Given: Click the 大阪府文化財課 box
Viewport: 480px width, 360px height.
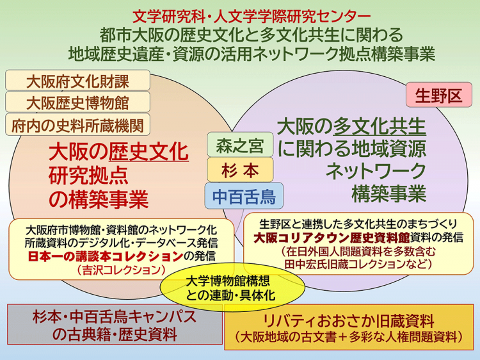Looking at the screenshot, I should pyautogui.click(x=77, y=81).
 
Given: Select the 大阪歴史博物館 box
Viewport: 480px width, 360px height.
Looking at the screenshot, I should pyautogui.click(x=77, y=102).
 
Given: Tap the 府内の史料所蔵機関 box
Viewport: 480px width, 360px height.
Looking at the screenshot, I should pyautogui.click(x=77, y=124).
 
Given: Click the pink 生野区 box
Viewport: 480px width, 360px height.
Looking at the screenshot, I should pyautogui.click(x=438, y=96).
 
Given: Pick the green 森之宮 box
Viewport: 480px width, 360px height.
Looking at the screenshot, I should pyautogui.click(x=240, y=145).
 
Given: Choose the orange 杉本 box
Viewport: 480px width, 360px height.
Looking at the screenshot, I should pyautogui.click(x=240, y=170).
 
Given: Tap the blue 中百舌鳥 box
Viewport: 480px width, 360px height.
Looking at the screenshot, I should pyautogui.click(x=240, y=197).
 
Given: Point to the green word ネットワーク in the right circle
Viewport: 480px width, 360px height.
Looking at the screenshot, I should pyautogui.click(x=376, y=171).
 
